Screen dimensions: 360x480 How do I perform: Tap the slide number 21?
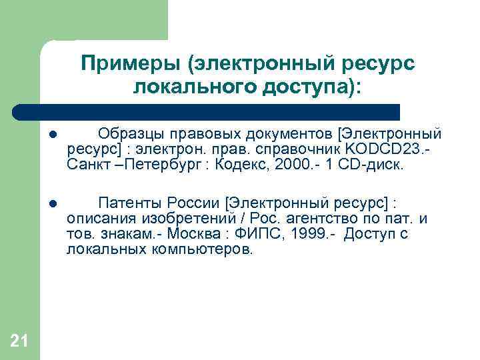19,341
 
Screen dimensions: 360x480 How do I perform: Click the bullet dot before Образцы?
52,136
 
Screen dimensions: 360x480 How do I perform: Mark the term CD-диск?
374,164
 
